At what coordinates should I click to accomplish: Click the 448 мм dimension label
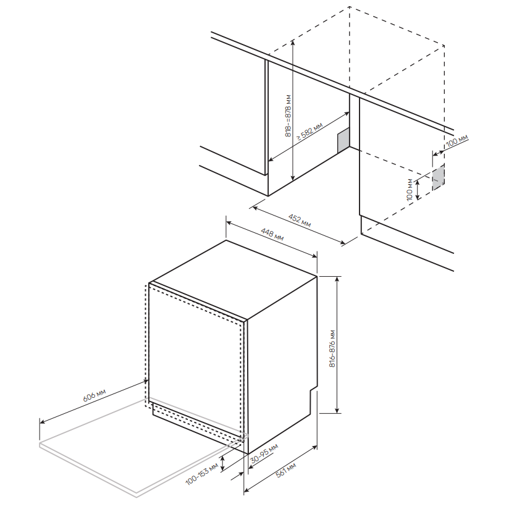(x=272, y=234)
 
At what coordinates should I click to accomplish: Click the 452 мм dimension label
(x=300, y=221)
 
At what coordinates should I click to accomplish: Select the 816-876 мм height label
(x=332, y=348)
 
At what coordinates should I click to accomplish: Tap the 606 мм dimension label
(x=94, y=395)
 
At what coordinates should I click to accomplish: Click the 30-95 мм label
(x=264, y=453)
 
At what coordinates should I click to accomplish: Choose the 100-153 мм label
(x=201, y=474)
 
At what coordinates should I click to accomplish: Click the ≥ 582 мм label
(x=309, y=131)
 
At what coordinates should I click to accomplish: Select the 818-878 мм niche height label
(x=288, y=116)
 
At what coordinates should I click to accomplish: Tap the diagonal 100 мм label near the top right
(x=457, y=141)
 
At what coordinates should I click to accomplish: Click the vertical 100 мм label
(x=410, y=190)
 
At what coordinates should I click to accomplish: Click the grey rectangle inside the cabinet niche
(x=343, y=140)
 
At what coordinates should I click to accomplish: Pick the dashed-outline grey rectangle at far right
(x=438, y=177)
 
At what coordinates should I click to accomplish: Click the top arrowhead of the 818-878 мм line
(x=293, y=42)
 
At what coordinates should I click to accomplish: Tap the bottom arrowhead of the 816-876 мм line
(x=338, y=410)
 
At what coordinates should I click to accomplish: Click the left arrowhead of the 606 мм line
(x=42, y=422)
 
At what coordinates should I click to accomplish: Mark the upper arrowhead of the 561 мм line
(x=314, y=448)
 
